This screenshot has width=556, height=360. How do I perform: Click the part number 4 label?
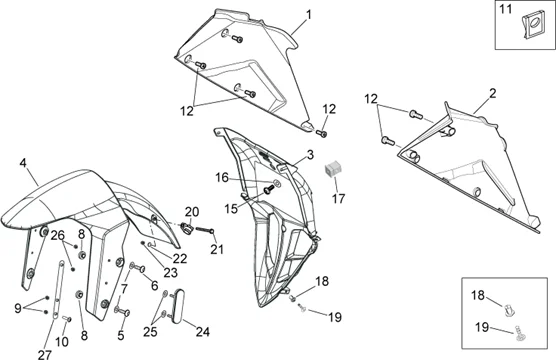[23, 164]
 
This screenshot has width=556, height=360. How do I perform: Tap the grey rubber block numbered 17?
[333, 169]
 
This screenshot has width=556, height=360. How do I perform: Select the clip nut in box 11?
[533, 27]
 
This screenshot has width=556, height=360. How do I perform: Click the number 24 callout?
[203, 332]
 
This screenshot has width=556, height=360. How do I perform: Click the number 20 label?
[192, 212]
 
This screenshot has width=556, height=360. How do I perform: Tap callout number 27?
[45, 354]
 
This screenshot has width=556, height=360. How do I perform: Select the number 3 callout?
[310, 155]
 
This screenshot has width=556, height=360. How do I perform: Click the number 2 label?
[493, 94]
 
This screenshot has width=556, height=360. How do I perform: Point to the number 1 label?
[309, 15]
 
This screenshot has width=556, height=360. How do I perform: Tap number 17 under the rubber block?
[338, 199]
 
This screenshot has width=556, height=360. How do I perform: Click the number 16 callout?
[222, 178]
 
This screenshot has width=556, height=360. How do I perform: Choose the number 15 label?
[231, 209]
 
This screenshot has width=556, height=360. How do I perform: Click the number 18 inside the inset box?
[478, 295]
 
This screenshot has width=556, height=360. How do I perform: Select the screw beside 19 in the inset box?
[518, 334]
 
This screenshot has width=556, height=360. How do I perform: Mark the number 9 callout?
[18, 309]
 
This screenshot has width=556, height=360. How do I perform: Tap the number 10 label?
[62, 342]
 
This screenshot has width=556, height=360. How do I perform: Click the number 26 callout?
[58, 235]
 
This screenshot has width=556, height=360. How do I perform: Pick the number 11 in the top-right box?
[506, 9]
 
